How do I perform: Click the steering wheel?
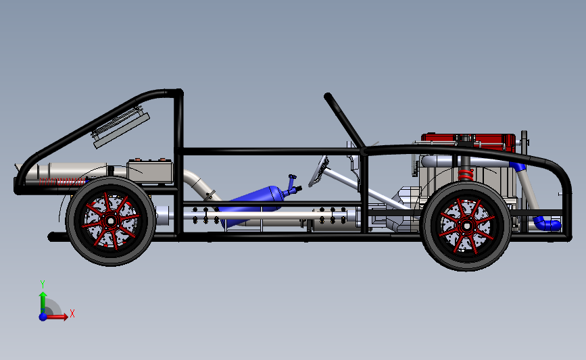pos(318,172)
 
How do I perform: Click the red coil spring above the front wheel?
pos(466,175)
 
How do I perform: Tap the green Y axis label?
pos(43,284)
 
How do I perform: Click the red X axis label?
pos(72,313)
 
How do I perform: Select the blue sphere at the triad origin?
pos(43,317)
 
